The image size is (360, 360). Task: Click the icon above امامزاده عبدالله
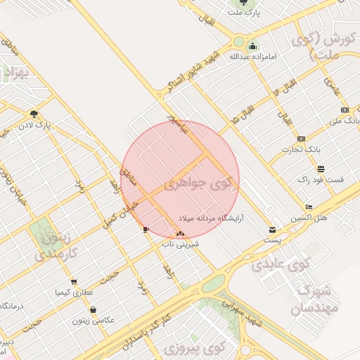pyautogui.click(x=252, y=46)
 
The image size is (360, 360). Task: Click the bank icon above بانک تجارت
pyautogui.click(x=301, y=139)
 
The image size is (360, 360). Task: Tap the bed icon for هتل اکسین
pyautogui.click(x=309, y=207)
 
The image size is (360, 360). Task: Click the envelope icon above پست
pyautogui.click(x=272, y=230)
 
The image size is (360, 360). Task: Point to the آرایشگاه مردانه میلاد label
pyautogui.click(x=210, y=218)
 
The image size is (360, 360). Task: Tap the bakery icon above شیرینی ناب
pyautogui.click(x=181, y=233)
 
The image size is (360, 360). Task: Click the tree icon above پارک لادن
pyautogui.click(x=34, y=114)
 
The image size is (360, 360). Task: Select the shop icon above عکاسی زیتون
pyautogui.click(x=93, y=309)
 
